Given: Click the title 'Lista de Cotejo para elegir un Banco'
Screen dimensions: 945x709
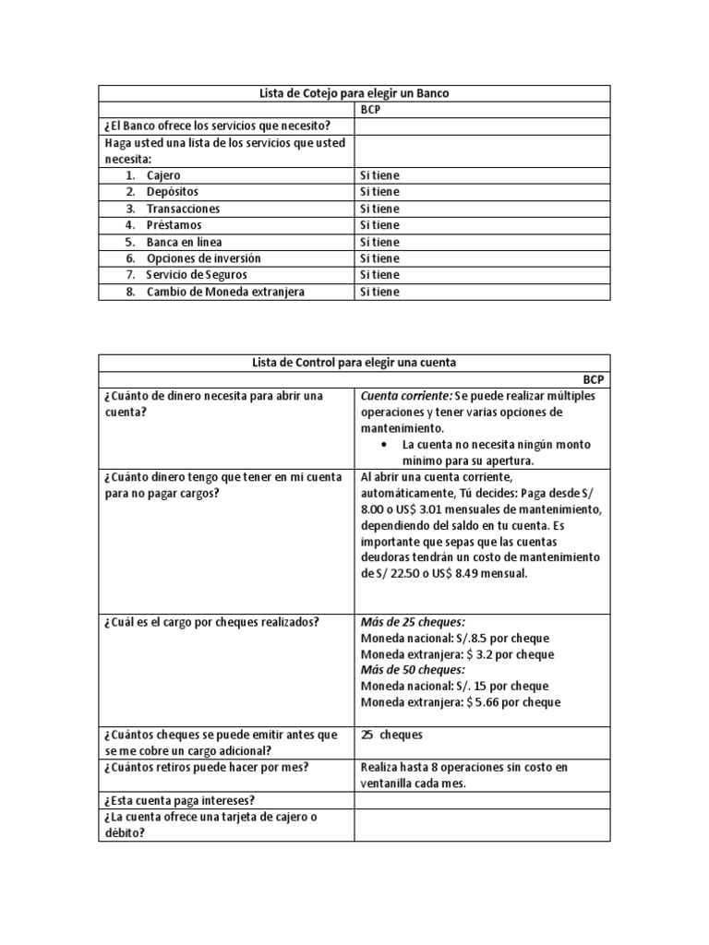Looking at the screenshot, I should (x=354, y=93).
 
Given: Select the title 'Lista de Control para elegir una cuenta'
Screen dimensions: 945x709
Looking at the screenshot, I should (x=354, y=362).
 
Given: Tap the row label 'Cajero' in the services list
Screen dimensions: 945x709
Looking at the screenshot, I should (x=163, y=175).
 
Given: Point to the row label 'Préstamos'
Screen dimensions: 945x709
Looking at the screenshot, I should (x=174, y=225).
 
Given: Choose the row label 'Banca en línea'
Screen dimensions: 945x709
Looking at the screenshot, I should (x=184, y=242).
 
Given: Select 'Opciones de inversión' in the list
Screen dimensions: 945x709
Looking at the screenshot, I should (x=203, y=258).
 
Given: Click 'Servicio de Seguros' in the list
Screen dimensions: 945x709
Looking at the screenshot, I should (x=197, y=275).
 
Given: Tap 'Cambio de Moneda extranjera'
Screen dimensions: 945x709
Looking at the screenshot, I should (x=225, y=292).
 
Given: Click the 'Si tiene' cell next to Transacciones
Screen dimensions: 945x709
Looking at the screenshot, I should (x=379, y=209).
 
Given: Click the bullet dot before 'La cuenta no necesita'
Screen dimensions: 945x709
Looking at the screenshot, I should (x=383, y=445).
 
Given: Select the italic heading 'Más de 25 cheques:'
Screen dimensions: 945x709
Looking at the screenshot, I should (x=413, y=622).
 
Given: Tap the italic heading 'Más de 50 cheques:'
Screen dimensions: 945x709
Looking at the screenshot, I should (x=413, y=670).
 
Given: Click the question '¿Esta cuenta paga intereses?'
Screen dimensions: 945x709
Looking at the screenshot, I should (x=180, y=800).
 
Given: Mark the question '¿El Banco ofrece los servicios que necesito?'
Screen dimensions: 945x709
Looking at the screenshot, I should (x=218, y=126).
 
